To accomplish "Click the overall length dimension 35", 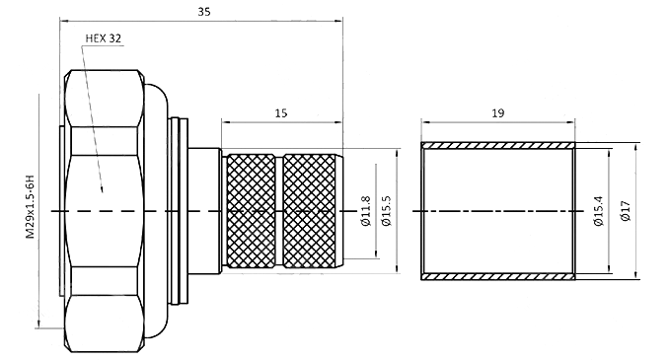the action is tap(204, 12).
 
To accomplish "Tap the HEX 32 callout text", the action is tap(104, 38).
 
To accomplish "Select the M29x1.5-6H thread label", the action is tap(31, 206).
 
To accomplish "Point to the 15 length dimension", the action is tap(281, 113).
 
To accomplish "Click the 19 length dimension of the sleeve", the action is tap(498, 113).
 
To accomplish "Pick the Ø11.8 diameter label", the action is tap(366, 211).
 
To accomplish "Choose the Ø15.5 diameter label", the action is tap(387, 211).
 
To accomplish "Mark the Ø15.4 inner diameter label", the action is tap(599, 211).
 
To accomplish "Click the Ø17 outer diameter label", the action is tap(626, 211).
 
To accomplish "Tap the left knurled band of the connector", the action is tap(251, 211).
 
